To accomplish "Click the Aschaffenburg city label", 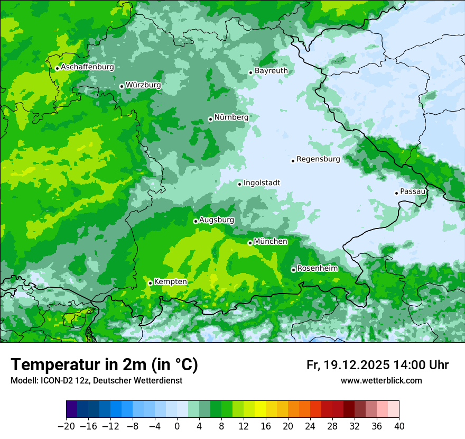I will [x=87, y=67].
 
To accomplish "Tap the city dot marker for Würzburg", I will [x=122, y=86].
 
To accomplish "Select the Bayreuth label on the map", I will [x=271, y=70].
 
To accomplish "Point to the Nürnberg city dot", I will [x=210, y=119].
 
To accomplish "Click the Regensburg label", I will [x=318, y=159].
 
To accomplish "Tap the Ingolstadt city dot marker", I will [x=239, y=185].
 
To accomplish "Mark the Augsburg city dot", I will [x=196, y=221].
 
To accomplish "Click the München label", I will [x=271, y=241].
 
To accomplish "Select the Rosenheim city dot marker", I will [x=293, y=270].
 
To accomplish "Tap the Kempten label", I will [x=170, y=281].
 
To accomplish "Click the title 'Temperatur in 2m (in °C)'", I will [x=104, y=365].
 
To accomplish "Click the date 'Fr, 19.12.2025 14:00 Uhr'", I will [x=377, y=365].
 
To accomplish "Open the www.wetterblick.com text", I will [x=381, y=380].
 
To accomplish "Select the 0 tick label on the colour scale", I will [x=177, y=426].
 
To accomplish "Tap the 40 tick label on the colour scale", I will [x=399, y=426].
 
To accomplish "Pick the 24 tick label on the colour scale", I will [x=310, y=426].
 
